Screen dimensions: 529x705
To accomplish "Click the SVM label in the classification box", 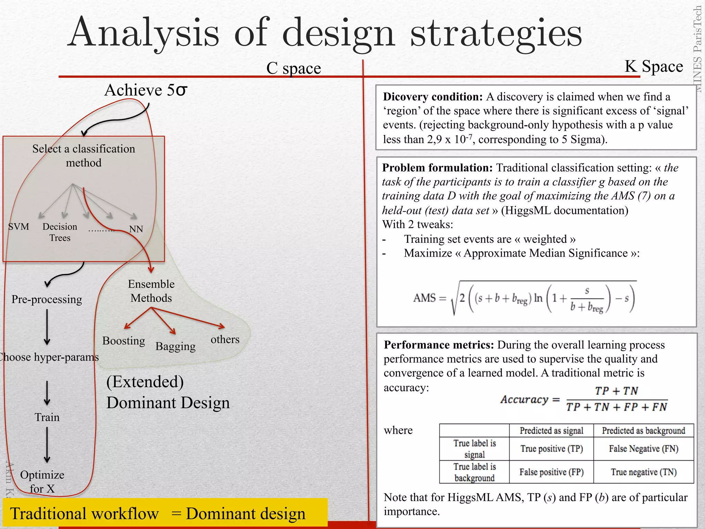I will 19,227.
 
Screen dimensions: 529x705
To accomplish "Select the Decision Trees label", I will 60,232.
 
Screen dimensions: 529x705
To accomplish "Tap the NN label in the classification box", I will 136,229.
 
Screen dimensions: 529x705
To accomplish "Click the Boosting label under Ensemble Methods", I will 124,341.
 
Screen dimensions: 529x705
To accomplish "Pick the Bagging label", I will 175,346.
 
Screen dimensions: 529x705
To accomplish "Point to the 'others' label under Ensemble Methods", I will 225,339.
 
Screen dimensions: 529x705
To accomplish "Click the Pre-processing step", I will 47,299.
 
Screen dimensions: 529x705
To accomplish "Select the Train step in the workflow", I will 47,417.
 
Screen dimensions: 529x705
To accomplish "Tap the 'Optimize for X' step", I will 42,481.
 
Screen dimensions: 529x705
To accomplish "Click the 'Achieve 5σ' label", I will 146,90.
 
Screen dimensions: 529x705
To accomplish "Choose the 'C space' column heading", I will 293,68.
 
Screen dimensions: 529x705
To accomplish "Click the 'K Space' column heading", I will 654,66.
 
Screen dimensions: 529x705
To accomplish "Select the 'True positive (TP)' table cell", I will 551,449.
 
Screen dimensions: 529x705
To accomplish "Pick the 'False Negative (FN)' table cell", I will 643,449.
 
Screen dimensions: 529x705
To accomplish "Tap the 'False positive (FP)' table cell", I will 551,472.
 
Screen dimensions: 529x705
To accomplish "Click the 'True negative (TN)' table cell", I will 643,472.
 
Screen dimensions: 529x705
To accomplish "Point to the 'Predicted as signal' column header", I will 551,431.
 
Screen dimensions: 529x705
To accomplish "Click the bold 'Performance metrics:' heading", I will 439,345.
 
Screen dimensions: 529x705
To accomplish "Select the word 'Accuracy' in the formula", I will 524,400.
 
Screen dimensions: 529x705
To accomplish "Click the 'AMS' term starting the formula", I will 424,298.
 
